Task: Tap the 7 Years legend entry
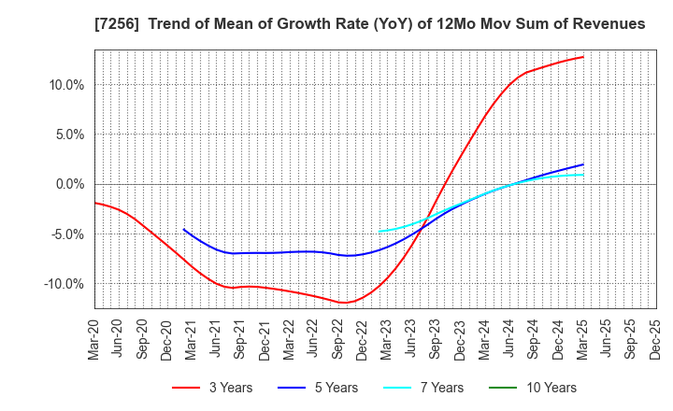tap(422, 388)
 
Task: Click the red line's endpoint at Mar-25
tap(583, 57)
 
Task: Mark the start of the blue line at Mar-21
tap(184, 229)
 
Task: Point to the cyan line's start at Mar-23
tap(379, 232)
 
